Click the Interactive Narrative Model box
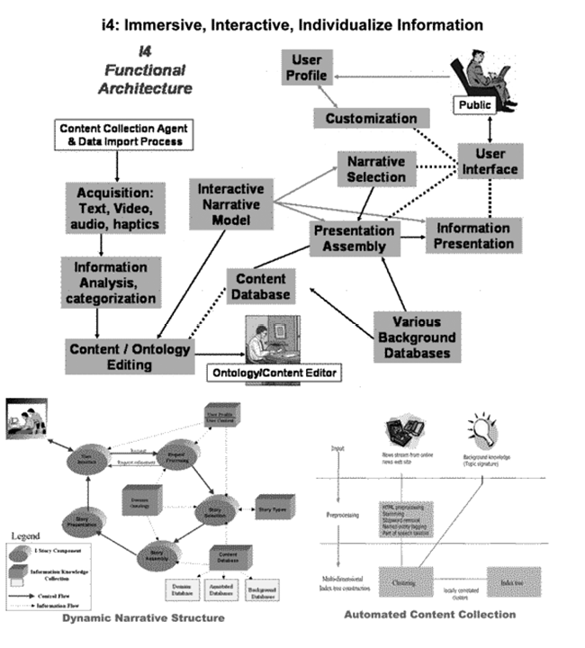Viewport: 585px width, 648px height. tap(231, 206)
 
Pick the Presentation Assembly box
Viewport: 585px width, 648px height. tap(355, 238)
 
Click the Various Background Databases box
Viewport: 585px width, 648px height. tap(413, 337)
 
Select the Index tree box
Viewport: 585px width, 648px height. tap(513, 582)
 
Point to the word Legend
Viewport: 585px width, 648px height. tap(27, 536)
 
